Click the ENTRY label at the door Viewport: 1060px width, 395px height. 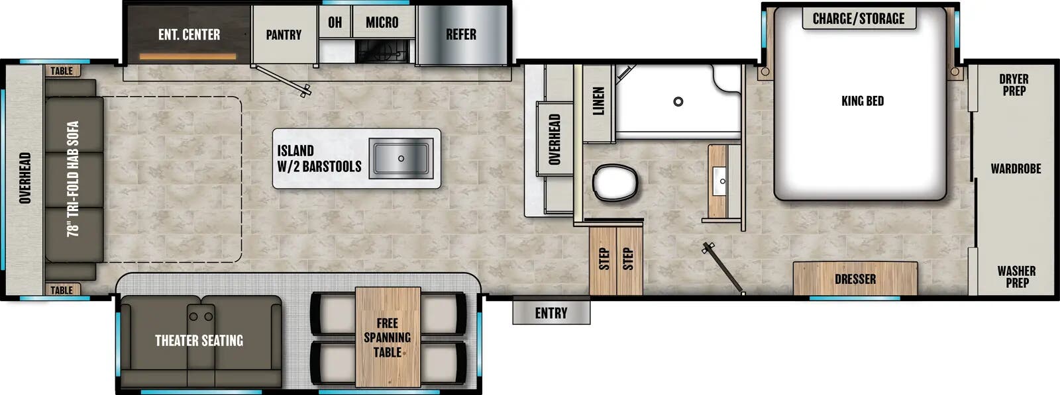pyautogui.click(x=551, y=313)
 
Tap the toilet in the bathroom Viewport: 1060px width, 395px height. pyautogui.click(x=615, y=183)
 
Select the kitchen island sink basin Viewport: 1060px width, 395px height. pyautogui.click(x=401, y=159)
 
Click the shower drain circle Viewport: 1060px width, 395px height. pyautogui.click(x=678, y=102)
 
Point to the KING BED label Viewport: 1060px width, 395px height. pyautogui.click(x=863, y=101)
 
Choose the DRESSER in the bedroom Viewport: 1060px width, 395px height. pyautogui.click(x=855, y=279)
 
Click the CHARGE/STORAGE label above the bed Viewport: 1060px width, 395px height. pyautogui.click(x=859, y=19)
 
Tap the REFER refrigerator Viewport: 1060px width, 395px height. pyautogui.click(x=461, y=34)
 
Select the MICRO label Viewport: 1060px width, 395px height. pyautogui.click(x=382, y=22)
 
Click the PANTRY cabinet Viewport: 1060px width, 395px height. pyautogui.click(x=284, y=35)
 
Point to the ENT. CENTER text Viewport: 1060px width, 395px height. pyautogui.click(x=189, y=34)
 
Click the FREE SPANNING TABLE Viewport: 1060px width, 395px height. pyautogui.click(x=388, y=337)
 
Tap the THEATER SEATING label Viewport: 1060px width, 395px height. pyautogui.click(x=199, y=341)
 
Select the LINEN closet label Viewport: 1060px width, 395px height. pyautogui.click(x=598, y=101)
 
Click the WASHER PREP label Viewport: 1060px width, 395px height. pyautogui.click(x=1016, y=277)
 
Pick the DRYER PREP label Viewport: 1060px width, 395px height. pyautogui.click(x=1014, y=85)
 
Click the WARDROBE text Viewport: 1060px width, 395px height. pyautogui.click(x=1016, y=169)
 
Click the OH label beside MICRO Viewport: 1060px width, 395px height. pyautogui.click(x=335, y=22)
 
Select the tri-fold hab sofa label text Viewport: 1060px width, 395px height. pyautogui.click(x=73, y=179)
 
